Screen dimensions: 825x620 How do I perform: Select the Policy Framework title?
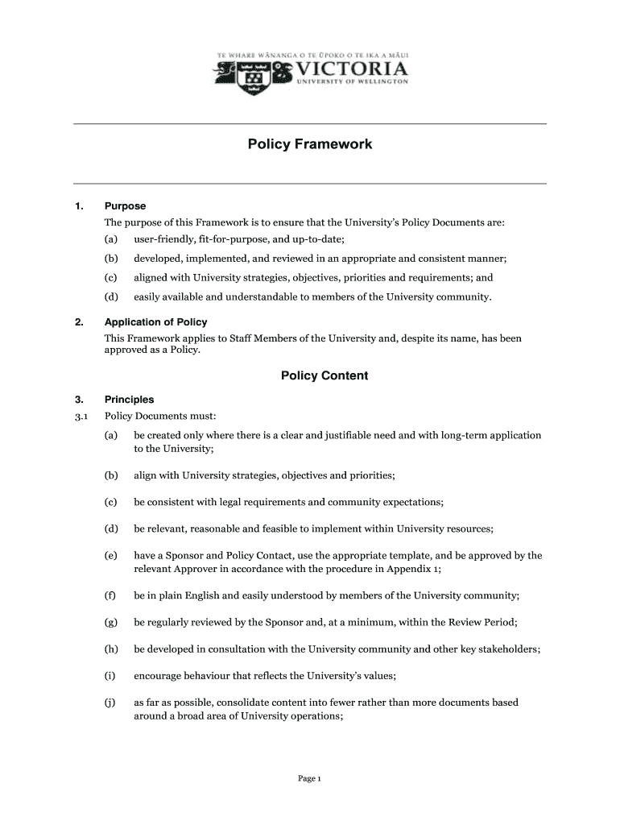click(310, 145)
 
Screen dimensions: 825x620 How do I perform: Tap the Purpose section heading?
click(125, 206)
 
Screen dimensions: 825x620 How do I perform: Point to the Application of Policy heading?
click(155, 322)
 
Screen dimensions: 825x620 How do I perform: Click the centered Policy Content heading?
click(324, 375)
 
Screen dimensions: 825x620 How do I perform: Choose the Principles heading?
click(129, 400)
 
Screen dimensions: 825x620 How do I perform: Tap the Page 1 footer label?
click(310, 778)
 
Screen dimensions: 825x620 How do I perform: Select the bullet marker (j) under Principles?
click(110, 703)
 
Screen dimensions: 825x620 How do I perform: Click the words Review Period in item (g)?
click(482, 623)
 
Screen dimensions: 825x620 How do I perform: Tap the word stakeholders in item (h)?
click(510, 649)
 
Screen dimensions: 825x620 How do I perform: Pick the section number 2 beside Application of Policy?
click(78, 322)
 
